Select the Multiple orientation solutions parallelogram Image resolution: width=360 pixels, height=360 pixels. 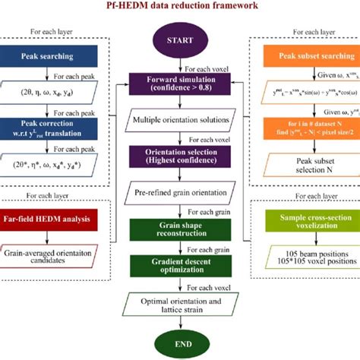click(180, 120)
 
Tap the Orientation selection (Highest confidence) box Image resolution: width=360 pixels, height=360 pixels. click(180, 156)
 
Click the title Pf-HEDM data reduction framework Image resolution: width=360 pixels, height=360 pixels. click(180, 5)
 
